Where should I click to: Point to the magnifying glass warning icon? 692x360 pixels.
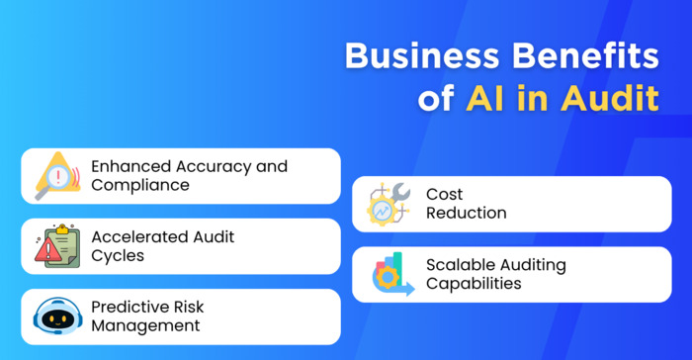coord(57,176)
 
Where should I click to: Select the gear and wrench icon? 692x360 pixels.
coord(389,204)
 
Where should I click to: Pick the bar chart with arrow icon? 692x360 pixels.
coord(389,275)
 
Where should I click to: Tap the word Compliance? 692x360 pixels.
coord(140,185)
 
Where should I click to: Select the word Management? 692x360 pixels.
coord(145,325)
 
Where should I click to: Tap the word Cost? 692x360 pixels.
coord(444,195)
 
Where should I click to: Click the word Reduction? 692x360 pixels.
coord(466,213)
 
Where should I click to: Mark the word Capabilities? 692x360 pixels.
coord(474,284)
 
